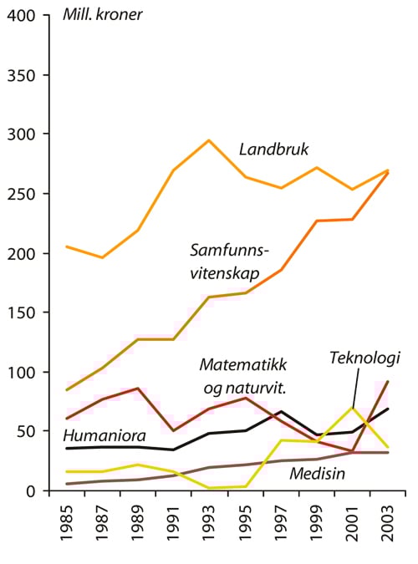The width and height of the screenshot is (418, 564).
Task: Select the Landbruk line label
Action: coord(273,150)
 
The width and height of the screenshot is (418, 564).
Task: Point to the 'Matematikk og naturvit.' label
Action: coord(242,375)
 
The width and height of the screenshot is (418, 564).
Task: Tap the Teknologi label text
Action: coord(364,358)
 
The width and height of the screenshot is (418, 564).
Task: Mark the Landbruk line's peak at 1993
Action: coord(208,140)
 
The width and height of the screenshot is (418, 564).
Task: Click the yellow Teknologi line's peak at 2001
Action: coord(353,408)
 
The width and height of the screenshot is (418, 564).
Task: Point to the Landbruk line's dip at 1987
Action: coord(102,257)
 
